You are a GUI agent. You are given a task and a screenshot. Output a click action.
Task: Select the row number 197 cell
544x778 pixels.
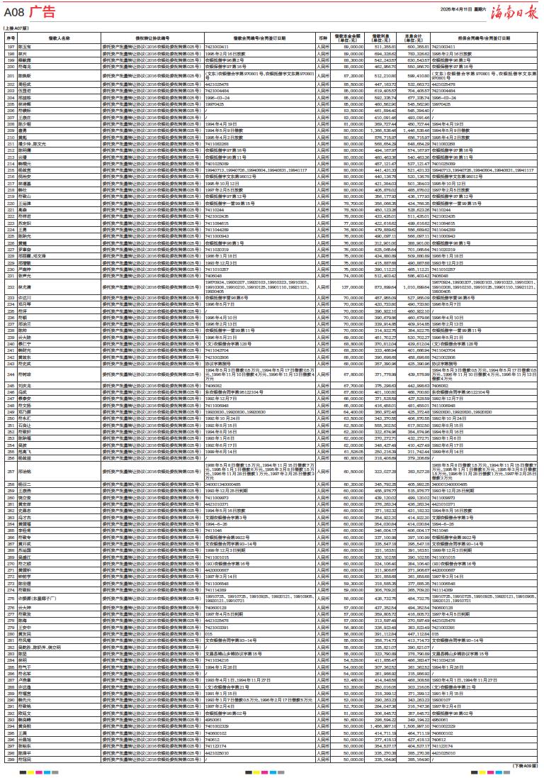(11, 46)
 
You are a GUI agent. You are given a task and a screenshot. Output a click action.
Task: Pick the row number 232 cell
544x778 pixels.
(11, 287)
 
